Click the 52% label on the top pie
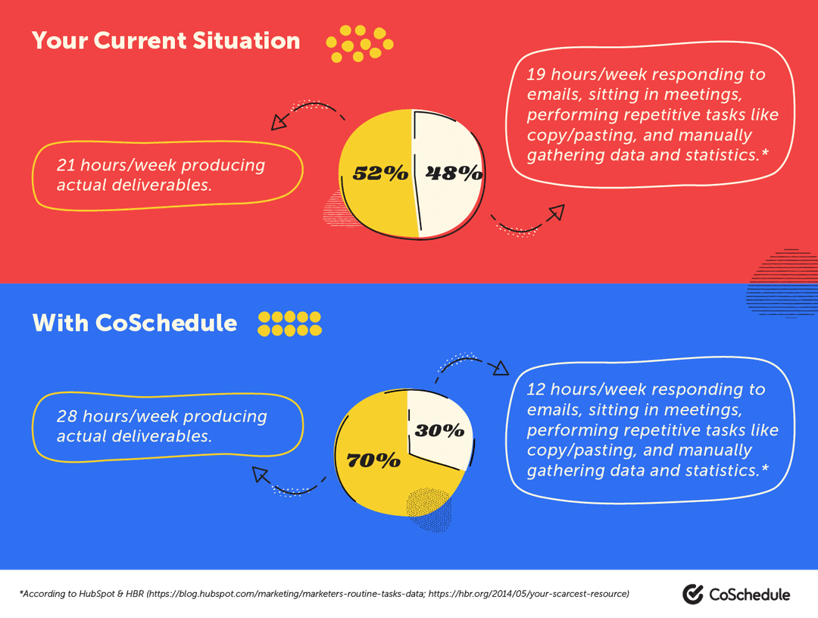pos(380,173)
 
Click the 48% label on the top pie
pos(454,173)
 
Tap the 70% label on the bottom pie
pos(373,460)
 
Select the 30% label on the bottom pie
pos(440,430)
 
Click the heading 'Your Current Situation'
pos(166,40)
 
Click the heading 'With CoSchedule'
pos(135,323)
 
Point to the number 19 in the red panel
pos(536,74)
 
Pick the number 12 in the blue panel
pos(536,389)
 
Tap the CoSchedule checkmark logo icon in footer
pos(693,595)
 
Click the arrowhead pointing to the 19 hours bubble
pos(557,212)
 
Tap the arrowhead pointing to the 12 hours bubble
pos(499,369)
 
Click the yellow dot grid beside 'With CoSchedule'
pos(289,323)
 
